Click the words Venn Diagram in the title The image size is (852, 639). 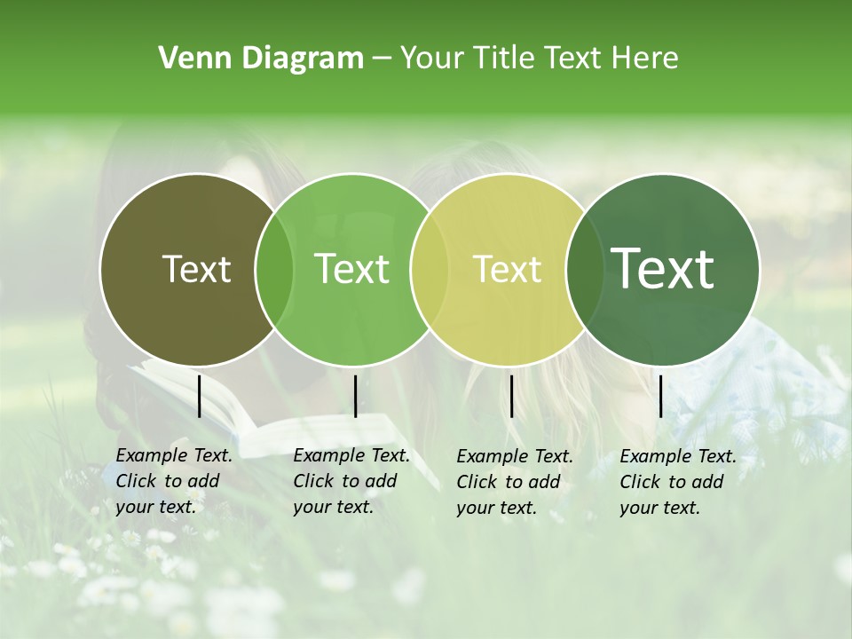261,59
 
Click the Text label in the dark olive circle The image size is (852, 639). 196,269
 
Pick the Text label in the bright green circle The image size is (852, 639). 351,269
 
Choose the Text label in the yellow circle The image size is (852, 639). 507,269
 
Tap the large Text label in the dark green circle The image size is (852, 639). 662,268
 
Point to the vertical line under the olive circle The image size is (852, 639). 200,396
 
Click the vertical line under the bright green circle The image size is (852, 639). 355,396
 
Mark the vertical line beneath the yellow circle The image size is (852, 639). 511,396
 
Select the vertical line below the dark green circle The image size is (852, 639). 660,396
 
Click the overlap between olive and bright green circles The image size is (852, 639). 274,269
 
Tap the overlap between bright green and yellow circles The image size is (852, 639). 430,269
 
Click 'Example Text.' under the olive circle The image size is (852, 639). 174,455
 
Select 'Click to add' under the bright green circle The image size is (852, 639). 344,481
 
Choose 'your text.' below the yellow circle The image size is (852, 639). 496,508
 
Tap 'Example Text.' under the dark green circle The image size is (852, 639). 678,456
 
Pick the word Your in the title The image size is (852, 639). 432,59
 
